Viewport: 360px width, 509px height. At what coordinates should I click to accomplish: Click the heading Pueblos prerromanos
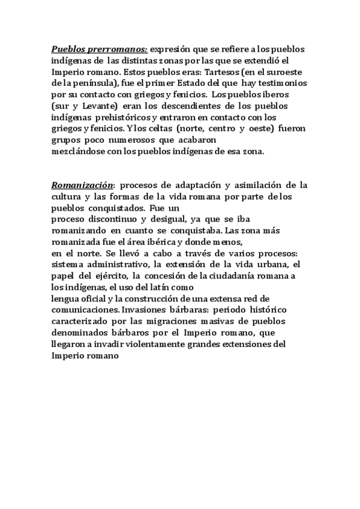point(100,50)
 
